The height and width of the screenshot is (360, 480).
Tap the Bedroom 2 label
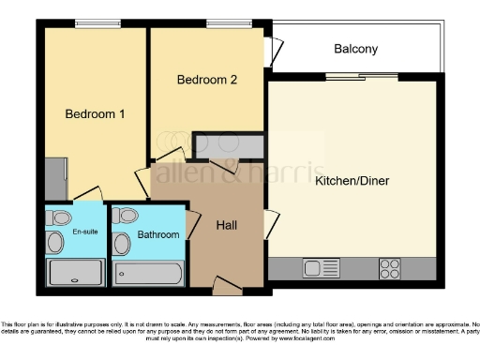click(207, 80)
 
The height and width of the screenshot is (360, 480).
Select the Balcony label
click(355, 49)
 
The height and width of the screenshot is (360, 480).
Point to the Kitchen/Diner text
click(352, 180)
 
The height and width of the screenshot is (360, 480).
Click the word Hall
click(227, 225)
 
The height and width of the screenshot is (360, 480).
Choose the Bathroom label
click(157, 234)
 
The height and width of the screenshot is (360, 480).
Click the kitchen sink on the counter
click(312, 268)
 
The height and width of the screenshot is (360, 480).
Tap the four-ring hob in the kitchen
click(390, 268)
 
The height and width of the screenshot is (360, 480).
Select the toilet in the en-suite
click(61, 217)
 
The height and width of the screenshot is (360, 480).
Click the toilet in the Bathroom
click(126, 217)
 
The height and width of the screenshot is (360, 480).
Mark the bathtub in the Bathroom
click(148, 274)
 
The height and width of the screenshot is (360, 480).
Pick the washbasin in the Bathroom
click(122, 245)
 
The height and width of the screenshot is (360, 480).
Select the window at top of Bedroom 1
click(91, 23)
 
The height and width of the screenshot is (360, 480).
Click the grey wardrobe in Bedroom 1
click(55, 179)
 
